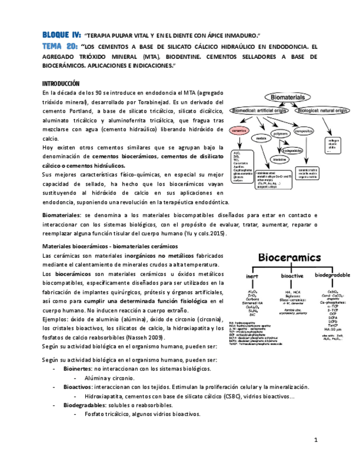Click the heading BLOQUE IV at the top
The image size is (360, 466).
coord(62,34)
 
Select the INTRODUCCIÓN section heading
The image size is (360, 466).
coord(61,84)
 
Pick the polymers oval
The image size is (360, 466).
coord(281,133)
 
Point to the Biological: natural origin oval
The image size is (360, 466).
coord(323,110)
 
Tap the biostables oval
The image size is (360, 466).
coord(280,159)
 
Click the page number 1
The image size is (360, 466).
coord(317,441)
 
